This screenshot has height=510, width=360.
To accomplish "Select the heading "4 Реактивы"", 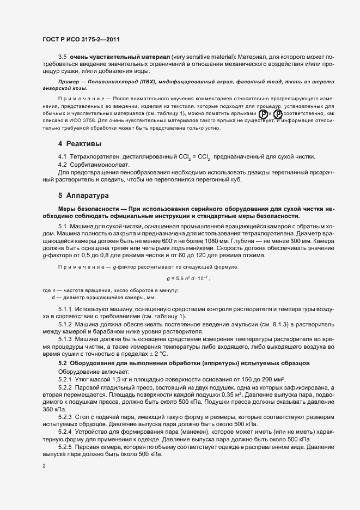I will [x=80, y=144].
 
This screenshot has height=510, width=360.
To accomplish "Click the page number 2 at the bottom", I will [x=45, y=466].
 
